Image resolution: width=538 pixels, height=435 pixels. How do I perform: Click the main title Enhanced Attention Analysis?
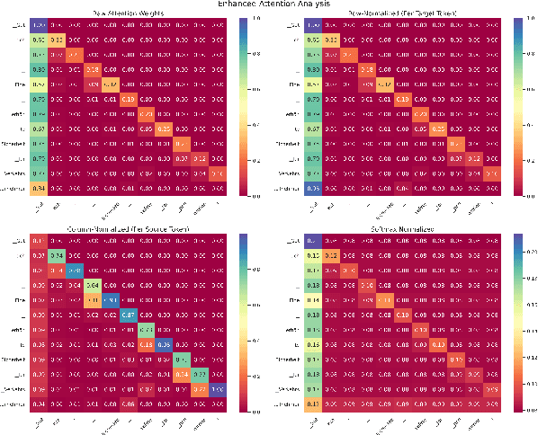[268, 4]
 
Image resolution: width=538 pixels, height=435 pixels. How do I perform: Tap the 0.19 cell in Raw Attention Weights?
[128, 99]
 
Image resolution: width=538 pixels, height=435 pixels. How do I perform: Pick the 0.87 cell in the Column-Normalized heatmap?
[128, 315]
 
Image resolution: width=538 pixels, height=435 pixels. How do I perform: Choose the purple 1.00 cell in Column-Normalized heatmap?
[217, 389]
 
